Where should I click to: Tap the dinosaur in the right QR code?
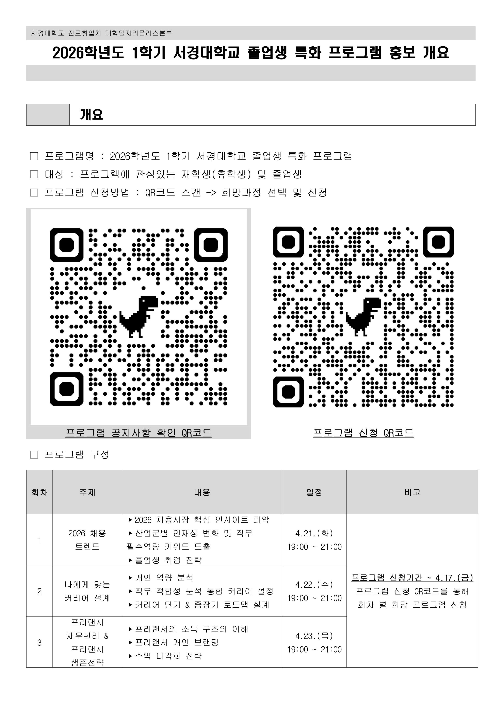point(363,316)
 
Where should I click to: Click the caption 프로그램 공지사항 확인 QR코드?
point(139,433)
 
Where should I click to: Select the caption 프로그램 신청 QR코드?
point(363,433)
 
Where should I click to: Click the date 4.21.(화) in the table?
point(314,533)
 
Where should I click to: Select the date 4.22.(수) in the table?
point(314,585)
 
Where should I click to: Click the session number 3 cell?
point(39,643)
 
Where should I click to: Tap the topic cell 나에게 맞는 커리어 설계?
point(87,591)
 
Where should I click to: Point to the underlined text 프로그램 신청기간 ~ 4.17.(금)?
point(412,577)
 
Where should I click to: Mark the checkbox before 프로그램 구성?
point(34,454)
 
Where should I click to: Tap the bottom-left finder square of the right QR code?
point(288,392)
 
